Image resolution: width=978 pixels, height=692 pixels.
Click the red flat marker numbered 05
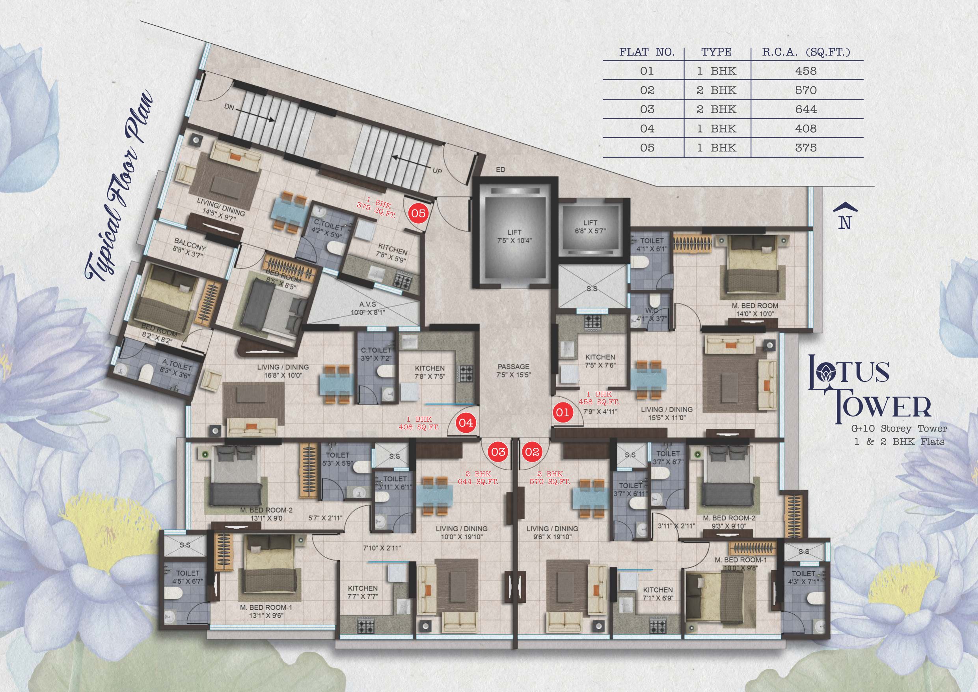pyautogui.click(x=418, y=213)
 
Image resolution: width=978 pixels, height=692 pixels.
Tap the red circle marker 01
pyautogui.click(x=561, y=412)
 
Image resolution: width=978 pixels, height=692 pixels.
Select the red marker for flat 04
pyautogui.click(x=466, y=423)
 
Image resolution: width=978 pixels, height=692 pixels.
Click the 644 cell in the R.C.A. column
pyautogui.click(x=805, y=109)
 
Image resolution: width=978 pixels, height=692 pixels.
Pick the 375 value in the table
pyautogui.click(x=805, y=148)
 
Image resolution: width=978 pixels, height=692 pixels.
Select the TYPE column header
pyautogui.click(x=717, y=52)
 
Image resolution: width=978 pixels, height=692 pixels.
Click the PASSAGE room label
pyautogui.click(x=514, y=366)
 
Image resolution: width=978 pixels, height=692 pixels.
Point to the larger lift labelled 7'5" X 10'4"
pyautogui.click(x=514, y=237)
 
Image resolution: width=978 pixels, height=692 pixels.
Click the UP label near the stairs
pyautogui.click(x=437, y=171)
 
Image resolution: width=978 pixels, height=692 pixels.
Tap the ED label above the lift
pyautogui.click(x=501, y=170)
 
